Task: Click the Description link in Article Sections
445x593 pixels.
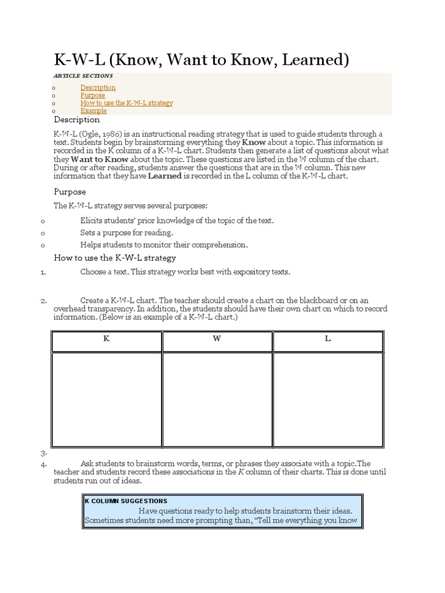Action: click(x=97, y=87)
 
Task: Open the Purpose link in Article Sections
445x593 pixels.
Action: click(x=93, y=95)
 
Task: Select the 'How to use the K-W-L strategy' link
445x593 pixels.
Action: click(x=126, y=103)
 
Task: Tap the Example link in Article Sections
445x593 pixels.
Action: click(x=93, y=110)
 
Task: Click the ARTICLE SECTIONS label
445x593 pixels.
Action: click(x=83, y=76)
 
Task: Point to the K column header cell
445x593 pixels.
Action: click(x=107, y=339)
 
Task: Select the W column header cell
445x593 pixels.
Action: click(x=217, y=339)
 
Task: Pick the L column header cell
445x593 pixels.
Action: click(x=327, y=339)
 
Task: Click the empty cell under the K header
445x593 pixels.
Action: click(x=107, y=400)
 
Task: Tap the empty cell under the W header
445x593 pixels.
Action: click(x=217, y=400)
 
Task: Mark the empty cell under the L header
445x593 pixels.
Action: click(x=327, y=400)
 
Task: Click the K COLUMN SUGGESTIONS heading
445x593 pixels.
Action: click(x=126, y=500)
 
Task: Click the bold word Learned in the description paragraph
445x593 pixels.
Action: click(x=165, y=176)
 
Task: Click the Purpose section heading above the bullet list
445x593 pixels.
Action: click(x=70, y=192)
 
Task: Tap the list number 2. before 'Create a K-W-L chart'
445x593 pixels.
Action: click(x=43, y=301)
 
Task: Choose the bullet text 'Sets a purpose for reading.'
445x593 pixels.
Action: click(x=126, y=232)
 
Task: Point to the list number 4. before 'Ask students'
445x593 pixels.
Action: click(x=43, y=463)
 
